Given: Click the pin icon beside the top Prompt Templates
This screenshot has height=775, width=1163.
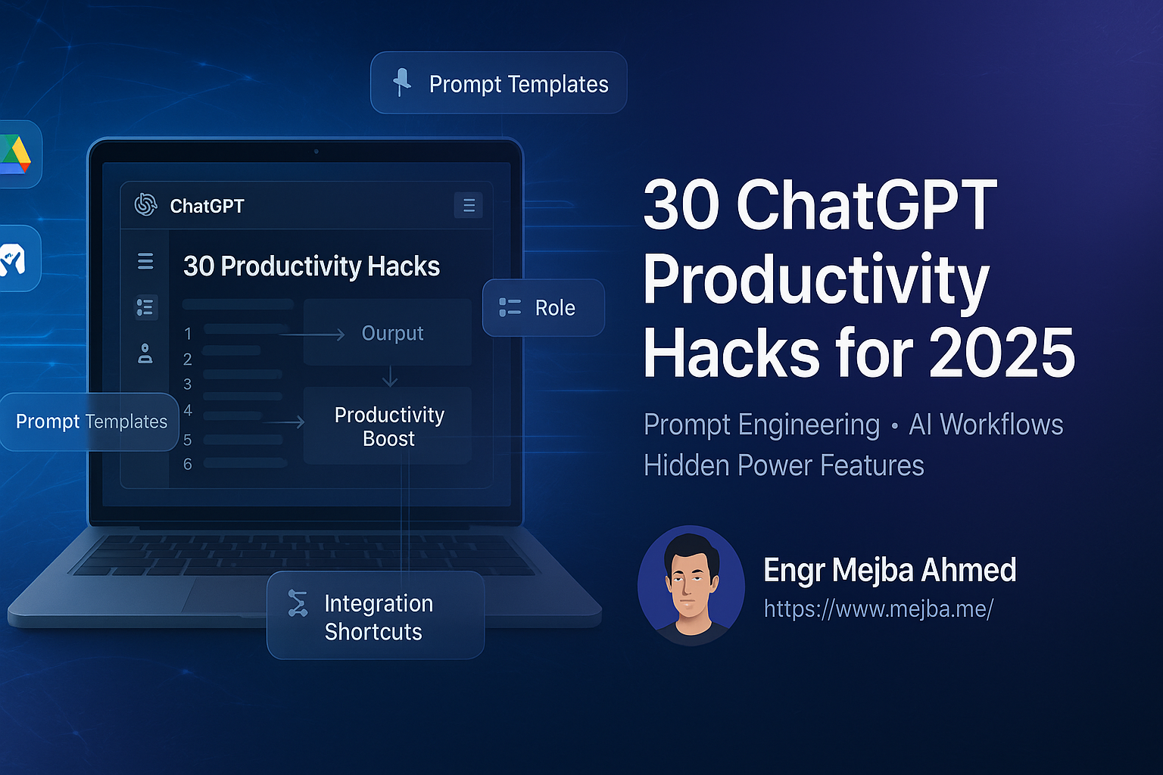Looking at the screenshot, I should [402, 82].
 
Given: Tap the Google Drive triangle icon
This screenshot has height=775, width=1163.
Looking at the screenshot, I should [14, 154].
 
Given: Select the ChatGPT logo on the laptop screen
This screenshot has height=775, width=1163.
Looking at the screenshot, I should [145, 204].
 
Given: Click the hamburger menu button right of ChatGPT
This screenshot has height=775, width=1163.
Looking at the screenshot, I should [469, 205].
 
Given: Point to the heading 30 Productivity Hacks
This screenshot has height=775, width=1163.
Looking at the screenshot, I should [311, 266].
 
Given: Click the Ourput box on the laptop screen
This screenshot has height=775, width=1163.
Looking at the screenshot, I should [388, 333].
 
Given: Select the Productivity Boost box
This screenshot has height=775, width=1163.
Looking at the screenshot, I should [388, 426].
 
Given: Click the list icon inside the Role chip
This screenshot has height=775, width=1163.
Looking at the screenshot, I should [510, 307].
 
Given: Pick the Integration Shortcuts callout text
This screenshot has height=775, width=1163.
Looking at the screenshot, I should [378, 618].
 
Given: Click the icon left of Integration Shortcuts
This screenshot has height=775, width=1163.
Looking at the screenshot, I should [298, 603].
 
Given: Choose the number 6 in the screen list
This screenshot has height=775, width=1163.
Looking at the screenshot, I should [188, 464].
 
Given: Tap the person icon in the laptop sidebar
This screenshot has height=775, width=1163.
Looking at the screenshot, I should [145, 353].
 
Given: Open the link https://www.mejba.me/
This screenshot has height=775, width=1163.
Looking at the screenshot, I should [878, 608].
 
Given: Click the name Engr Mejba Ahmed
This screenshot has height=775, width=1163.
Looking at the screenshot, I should [890, 570].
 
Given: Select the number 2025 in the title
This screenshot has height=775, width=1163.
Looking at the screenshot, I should [1002, 353].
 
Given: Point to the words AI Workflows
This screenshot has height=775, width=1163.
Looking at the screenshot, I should [986, 425].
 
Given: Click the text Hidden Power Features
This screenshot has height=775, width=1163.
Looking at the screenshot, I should [784, 465].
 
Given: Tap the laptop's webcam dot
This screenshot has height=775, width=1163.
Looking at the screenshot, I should [316, 151].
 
